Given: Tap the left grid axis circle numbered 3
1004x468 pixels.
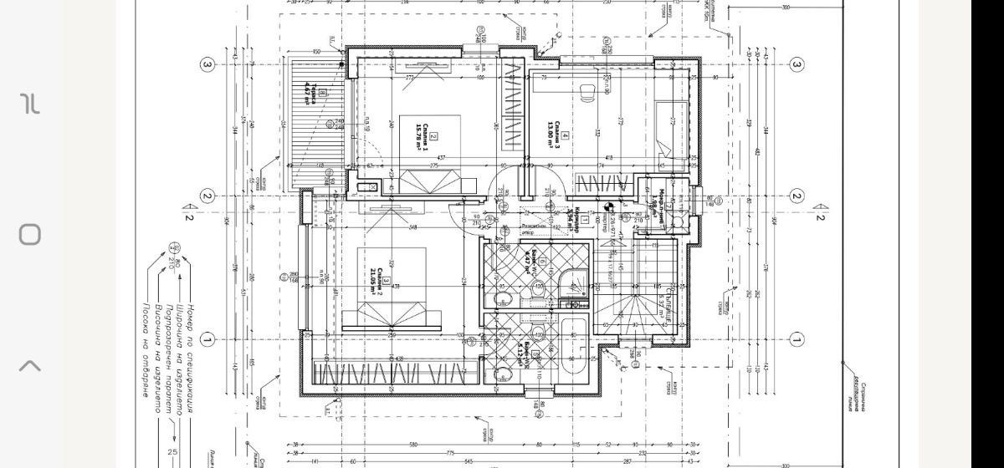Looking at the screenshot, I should pos(207,64).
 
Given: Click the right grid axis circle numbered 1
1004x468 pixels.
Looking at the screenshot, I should pos(797,339).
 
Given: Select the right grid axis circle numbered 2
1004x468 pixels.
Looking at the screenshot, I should pos(797,196).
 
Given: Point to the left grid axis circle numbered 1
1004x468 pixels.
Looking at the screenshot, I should pos(207,339).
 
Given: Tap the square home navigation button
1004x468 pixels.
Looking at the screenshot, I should pos(30,234).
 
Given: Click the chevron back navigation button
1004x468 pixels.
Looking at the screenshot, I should pos(30,365).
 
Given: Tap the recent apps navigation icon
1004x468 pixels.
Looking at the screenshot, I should pos(30,104).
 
